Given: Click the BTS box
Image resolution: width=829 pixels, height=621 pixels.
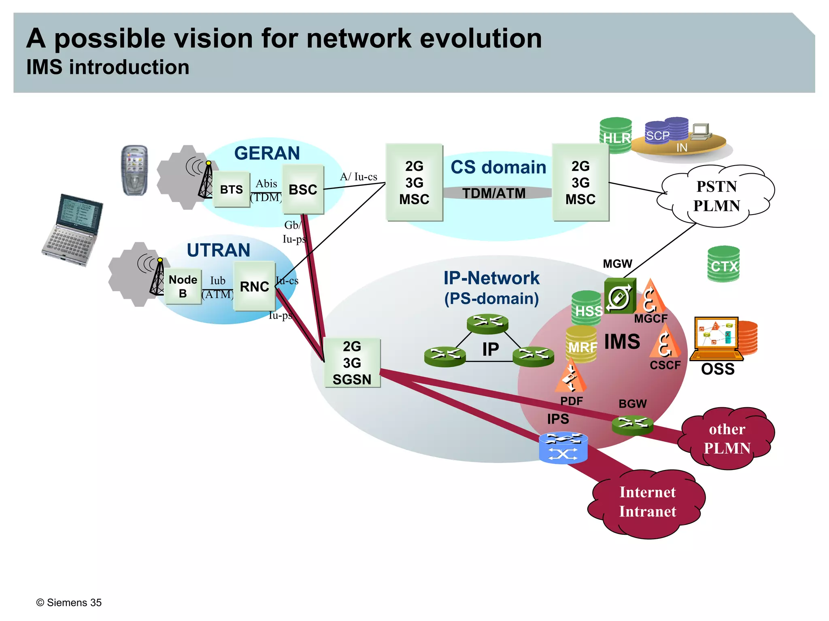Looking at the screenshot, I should [x=231, y=189].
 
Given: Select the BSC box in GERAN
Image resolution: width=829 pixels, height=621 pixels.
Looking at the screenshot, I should [x=303, y=189].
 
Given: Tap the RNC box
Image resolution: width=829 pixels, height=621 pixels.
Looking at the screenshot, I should [x=254, y=286].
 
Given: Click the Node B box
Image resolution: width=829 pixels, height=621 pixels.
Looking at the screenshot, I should [x=183, y=286].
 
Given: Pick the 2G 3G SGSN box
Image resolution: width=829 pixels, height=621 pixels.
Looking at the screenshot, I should [x=352, y=363].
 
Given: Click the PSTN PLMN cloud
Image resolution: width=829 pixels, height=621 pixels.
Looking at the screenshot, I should [x=716, y=196].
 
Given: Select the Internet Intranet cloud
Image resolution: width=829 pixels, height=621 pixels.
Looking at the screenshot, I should [x=647, y=502].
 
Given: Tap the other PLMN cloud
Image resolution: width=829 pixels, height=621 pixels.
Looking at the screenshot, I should [x=727, y=438].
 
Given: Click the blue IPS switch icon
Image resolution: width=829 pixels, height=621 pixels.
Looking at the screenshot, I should [x=563, y=448].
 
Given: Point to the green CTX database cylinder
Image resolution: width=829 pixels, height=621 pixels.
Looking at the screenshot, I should [x=723, y=264].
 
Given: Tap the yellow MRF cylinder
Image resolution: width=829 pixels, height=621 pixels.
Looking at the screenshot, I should [x=581, y=344].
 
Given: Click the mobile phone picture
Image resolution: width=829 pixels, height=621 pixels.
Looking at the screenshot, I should [x=135, y=170].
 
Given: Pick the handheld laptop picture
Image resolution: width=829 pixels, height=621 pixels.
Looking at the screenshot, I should [x=73, y=230].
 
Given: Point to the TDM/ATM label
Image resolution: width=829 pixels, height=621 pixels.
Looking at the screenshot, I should [x=494, y=193].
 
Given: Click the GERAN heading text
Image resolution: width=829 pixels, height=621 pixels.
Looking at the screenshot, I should [x=267, y=153].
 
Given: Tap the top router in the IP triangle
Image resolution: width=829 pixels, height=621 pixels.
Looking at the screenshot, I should [x=487, y=323].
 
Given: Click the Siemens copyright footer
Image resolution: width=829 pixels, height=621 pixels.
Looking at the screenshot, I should [x=69, y=602].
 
